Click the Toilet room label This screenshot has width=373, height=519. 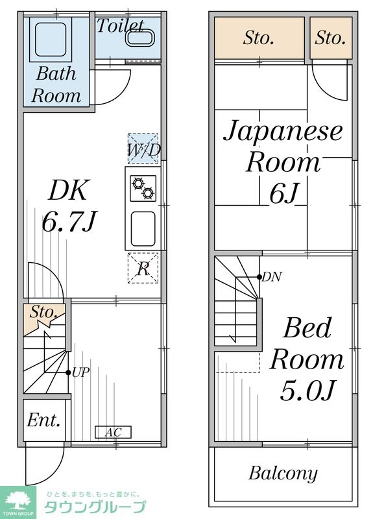(120, 26)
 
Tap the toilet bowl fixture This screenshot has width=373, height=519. (139, 38)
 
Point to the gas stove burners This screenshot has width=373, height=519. (142, 188)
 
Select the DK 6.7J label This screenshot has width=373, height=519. (68, 206)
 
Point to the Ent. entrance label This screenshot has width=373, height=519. (43, 420)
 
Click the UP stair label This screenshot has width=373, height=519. (80, 372)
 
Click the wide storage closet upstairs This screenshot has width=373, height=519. (259, 38)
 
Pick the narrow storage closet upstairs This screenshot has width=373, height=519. (330, 38)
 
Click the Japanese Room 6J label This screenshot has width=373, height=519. (283, 162)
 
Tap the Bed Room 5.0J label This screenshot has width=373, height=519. (307, 359)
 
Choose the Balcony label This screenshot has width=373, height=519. (283, 474)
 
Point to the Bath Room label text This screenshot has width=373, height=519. (56, 84)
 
